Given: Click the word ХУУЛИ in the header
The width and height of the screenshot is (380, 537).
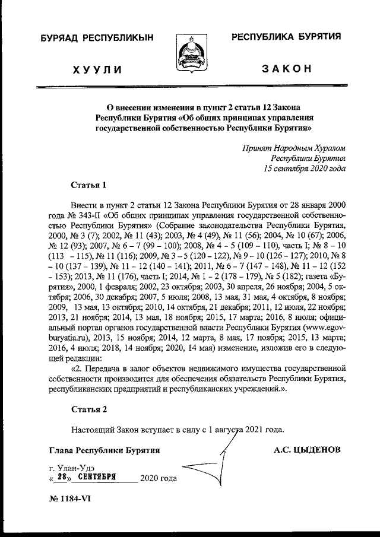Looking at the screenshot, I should point(97,69).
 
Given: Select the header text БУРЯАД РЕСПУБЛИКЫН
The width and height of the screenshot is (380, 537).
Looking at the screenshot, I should point(97,39).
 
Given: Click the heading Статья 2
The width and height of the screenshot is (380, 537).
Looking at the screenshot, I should point(88,409).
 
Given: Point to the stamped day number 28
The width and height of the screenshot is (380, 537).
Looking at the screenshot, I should point(60,476).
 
